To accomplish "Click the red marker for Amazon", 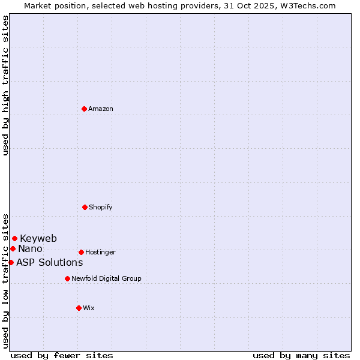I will tap(85, 109).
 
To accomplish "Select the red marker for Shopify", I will tap(85, 207).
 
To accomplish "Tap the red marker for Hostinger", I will tap(81, 252).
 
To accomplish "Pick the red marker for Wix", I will tap(79, 308).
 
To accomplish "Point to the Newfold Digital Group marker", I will tap(67, 278).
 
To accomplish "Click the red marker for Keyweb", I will tap(14, 238).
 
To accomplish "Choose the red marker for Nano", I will tap(13, 248).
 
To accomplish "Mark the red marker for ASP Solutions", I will tap(11, 262).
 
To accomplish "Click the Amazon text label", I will tap(101, 109).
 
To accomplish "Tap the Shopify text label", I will tap(101, 207).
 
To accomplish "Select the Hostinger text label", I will tap(100, 252).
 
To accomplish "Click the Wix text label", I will tap(89, 308).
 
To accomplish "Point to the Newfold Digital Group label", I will tap(106, 278).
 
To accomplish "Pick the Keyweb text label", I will tap(38, 238).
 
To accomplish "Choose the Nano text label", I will tap(30, 248).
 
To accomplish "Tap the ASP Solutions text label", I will tap(49, 262).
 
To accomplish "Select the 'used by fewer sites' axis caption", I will tap(62, 355).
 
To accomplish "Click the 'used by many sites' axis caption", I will tap(301, 355).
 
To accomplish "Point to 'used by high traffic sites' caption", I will tap(5, 85).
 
